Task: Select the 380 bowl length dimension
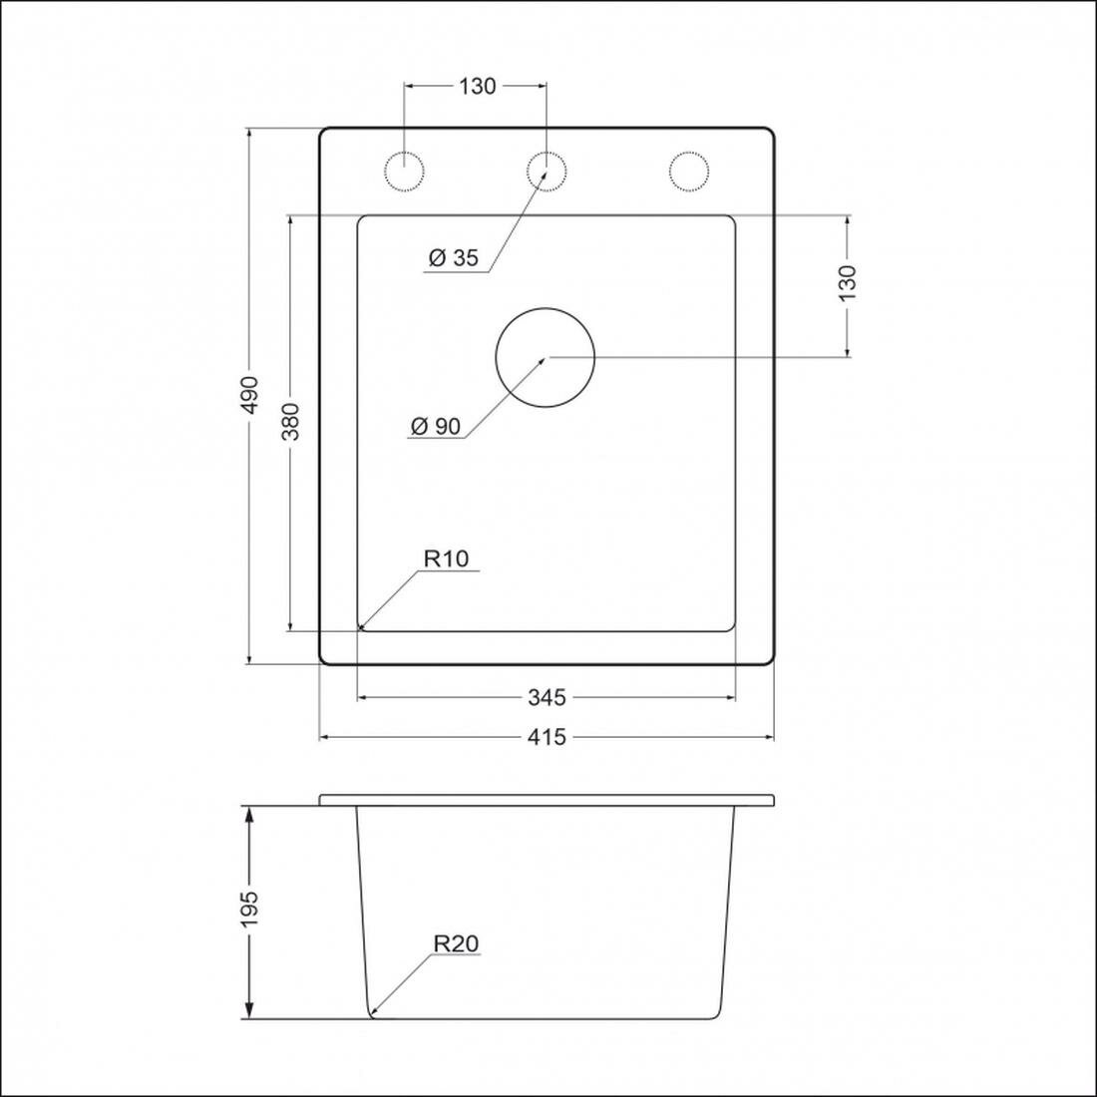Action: pyautogui.click(x=291, y=421)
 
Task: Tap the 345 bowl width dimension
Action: pyautogui.click(x=547, y=697)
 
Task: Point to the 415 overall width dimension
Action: pyautogui.click(x=547, y=737)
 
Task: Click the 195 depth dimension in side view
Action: pyautogui.click(x=249, y=910)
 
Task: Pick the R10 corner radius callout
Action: pyautogui.click(x=447, y=558)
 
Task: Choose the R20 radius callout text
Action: pyautogui.click(x=456, y=943)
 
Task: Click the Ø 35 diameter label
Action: pyautogui.click(x=454, y=258)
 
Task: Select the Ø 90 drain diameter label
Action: pyautogui.click(x=436, y=426)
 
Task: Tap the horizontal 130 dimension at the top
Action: pyautogui.click(x=477, y=86)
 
